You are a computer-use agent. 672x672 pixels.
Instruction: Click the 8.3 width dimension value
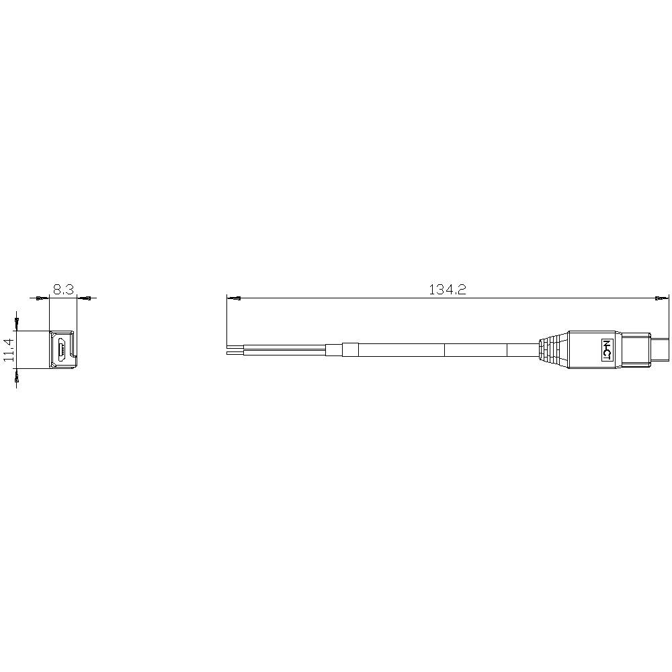click(x=64, y=290)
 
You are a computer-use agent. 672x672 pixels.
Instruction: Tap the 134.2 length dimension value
click(x=448, y=290)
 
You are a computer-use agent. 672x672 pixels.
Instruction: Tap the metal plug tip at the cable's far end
click(x=664, y=349)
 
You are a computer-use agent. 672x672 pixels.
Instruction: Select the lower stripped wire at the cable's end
click(x=236, y=352)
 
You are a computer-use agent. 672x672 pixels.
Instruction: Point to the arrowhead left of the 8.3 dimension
click(x=40, y=298)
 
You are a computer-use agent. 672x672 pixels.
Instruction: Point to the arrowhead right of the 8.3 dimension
click(x=86, y=298)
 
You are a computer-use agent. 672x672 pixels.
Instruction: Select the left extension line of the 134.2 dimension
click(x=228, y=323)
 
